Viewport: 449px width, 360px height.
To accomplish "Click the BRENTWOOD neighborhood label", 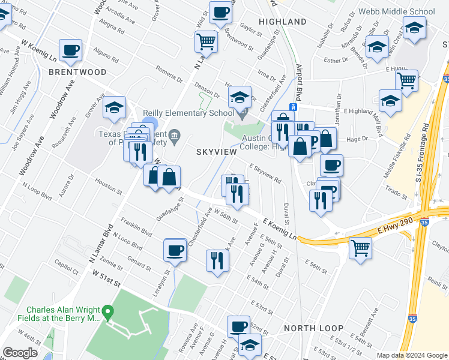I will click(77, 72).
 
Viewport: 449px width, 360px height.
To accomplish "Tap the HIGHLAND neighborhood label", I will click(282, 22).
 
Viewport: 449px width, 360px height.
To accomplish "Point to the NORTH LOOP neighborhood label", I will click(313, 328).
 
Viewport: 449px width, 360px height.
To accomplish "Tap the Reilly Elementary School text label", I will click(188, 113).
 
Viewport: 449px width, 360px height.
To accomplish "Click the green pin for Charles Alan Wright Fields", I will click(108, 311).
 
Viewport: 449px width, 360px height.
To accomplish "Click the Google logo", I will click(20, 353).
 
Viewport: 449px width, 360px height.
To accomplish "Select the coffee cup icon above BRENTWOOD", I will click(70, 50).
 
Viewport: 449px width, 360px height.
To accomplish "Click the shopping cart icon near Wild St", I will click(205, 42).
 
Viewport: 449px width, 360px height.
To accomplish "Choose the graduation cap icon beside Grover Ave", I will click(113, 108).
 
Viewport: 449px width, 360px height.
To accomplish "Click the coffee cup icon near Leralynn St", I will click(175, 250).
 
